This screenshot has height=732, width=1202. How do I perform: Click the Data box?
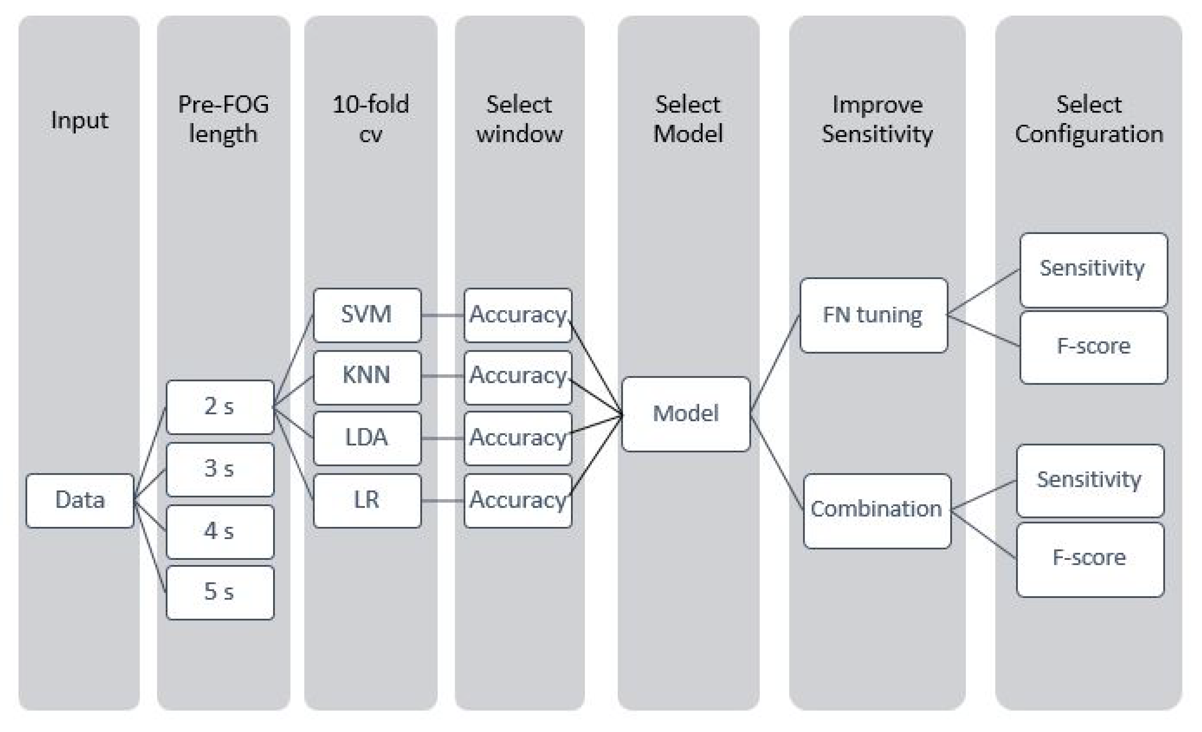tap(80, 500)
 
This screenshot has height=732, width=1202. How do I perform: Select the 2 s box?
tap(219, 407)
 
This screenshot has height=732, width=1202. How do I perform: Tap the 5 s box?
tap(219, 592)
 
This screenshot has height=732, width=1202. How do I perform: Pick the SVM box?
tap(367, 315)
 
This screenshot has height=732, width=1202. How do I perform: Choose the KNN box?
tap(367, 377)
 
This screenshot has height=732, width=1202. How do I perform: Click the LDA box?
tap(367, 438)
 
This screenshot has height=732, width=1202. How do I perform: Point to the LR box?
tap(367, 500)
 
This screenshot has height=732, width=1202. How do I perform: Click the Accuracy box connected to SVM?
tap(518, 315)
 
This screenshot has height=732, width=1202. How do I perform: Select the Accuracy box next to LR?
tap(518, 500)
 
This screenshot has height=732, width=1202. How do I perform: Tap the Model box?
tap(685, 414)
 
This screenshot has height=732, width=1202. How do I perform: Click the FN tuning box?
tap(873, 315)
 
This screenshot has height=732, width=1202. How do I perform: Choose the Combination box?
tap(877, 510)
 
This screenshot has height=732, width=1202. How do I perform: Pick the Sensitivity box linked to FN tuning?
tap(1093, 270)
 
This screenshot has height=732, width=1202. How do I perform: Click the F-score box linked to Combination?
tap(1090, 559)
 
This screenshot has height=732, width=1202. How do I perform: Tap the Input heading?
tap(80, 120)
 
